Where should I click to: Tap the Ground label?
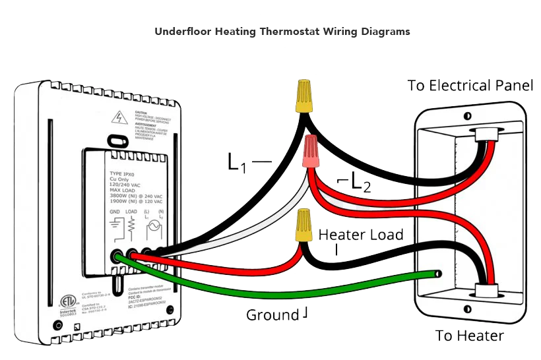pos(271,315)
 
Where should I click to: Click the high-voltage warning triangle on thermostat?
pos(119,118)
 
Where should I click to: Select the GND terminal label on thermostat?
pos(115,212)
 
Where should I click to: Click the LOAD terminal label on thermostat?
pos(131,212)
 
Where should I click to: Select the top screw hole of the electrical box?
pos(466,116)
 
